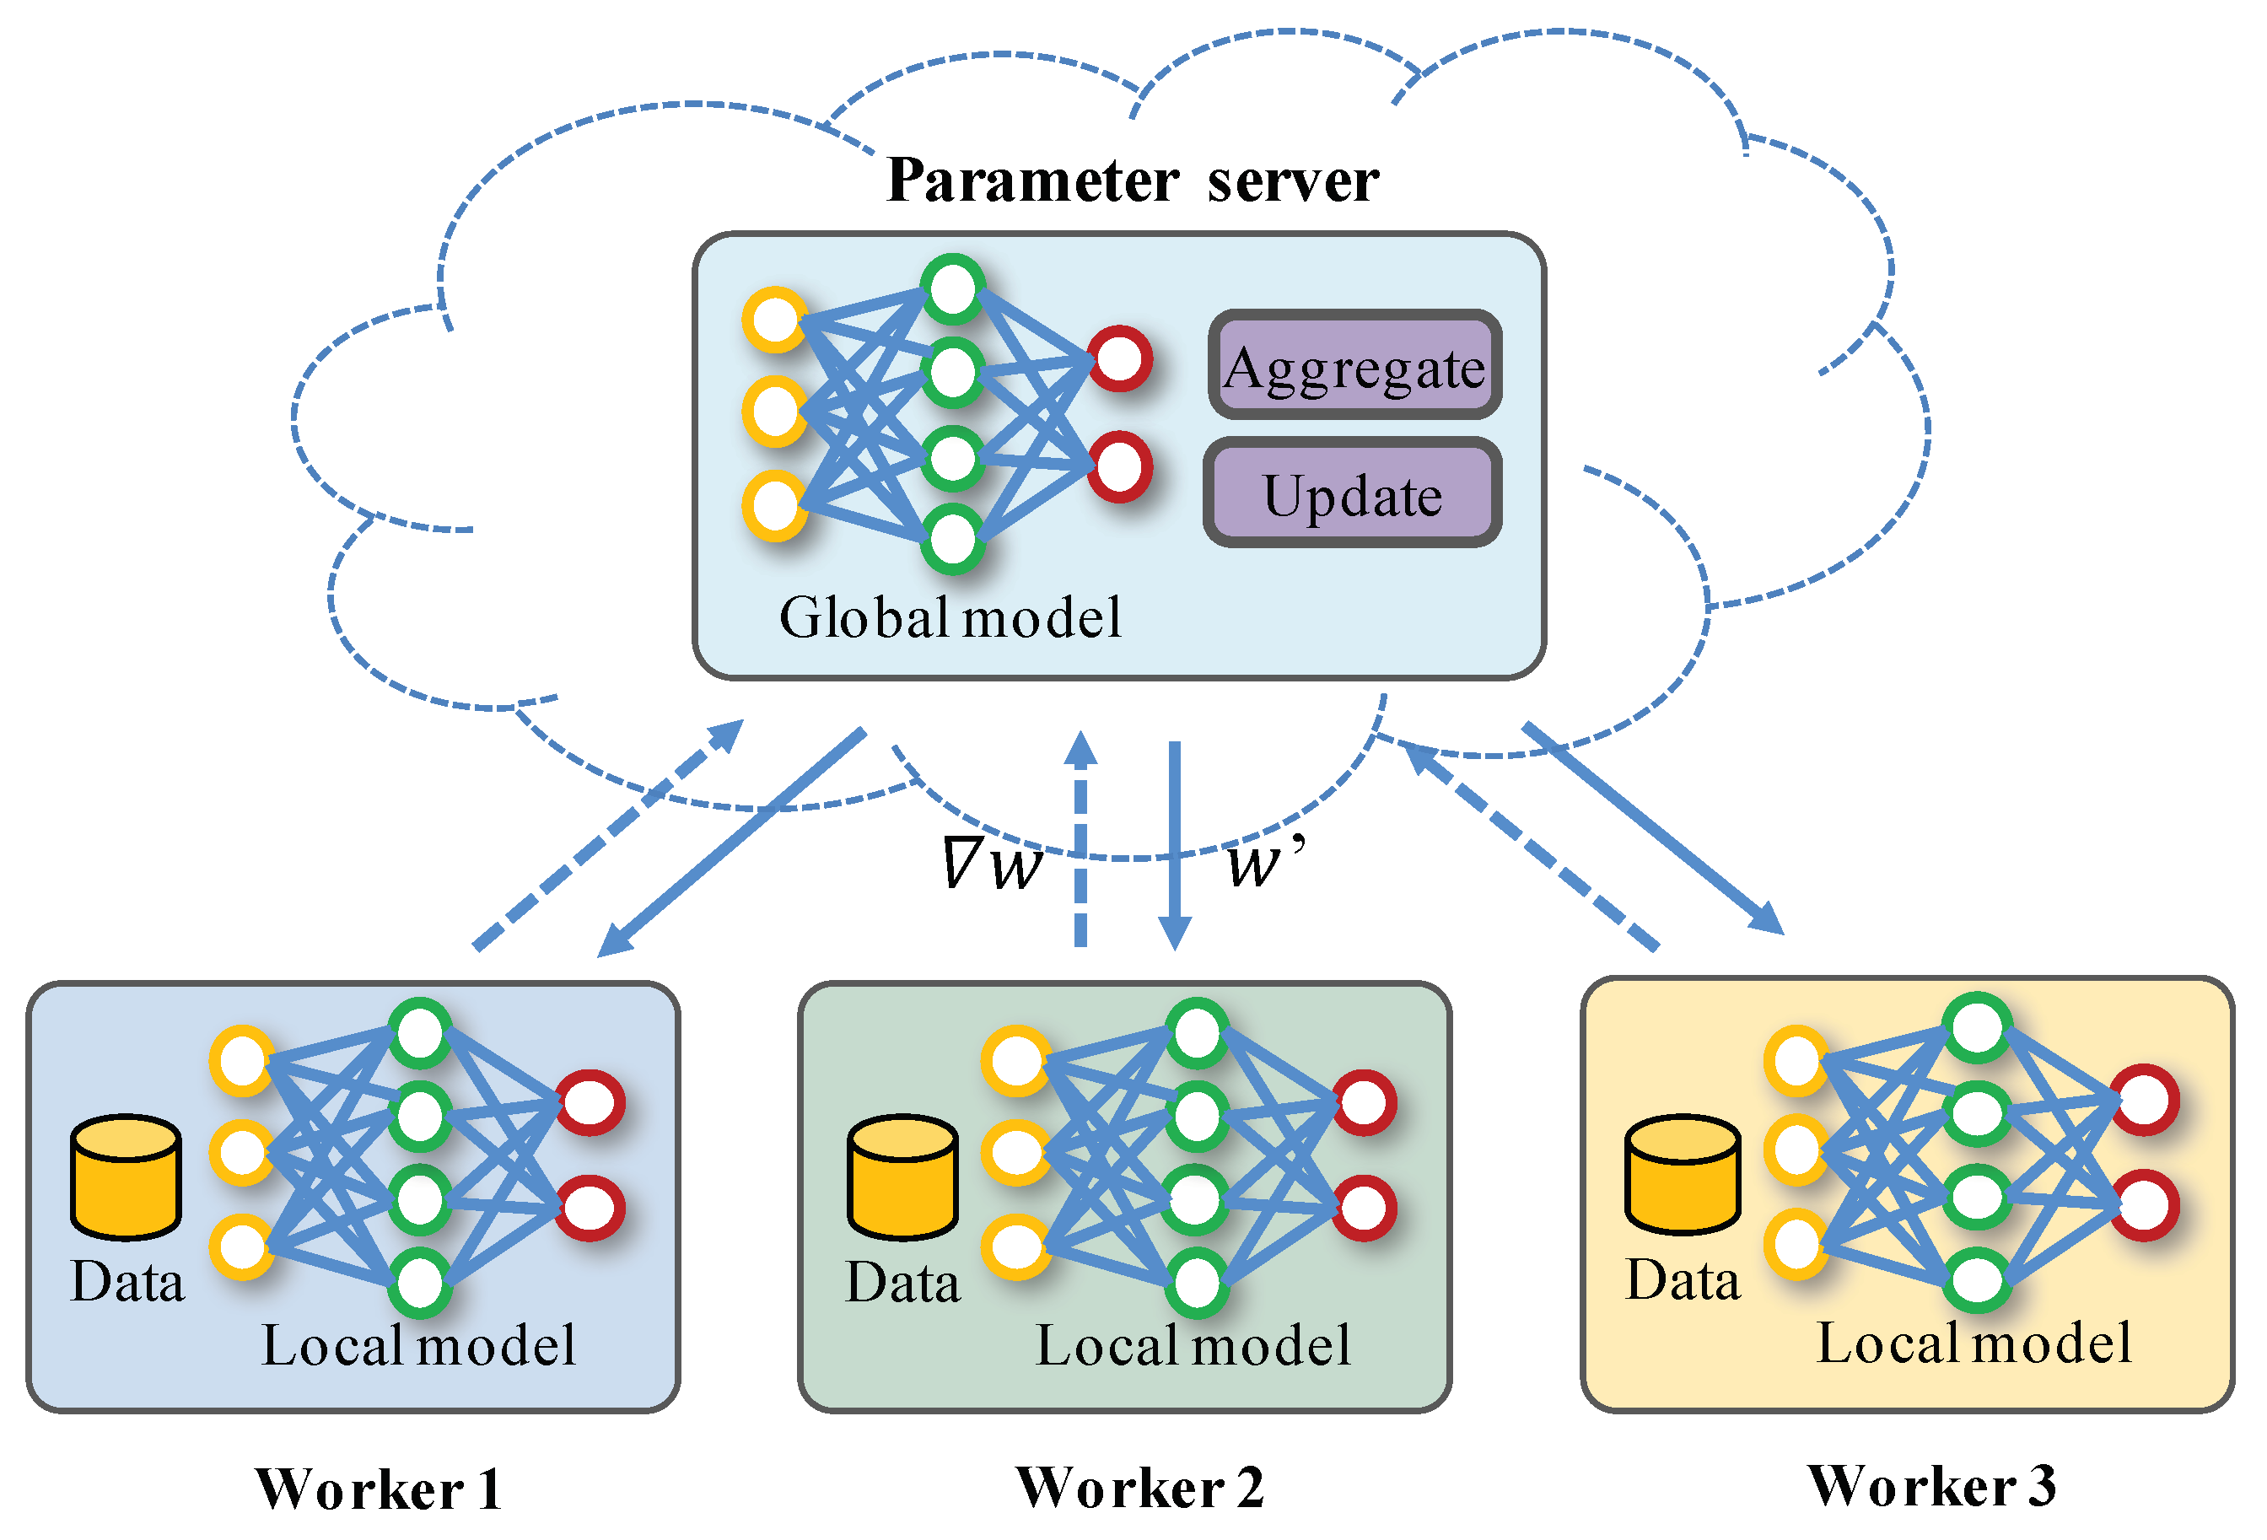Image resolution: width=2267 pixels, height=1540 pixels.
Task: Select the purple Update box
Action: coord(1352,493)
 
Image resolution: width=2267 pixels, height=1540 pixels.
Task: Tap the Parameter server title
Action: coord(1133,180)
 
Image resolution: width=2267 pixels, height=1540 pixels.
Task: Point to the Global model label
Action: coord(950,617)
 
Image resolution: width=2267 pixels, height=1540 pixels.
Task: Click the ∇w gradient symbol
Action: coord(992,863)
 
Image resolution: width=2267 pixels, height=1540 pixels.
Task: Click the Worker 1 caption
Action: coord(379,1489)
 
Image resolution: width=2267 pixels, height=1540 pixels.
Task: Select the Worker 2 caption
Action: coord(1139,1488)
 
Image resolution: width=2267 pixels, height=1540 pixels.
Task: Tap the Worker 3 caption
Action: coord(1931,1485)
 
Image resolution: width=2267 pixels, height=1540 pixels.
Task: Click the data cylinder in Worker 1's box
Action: coord(126,1177)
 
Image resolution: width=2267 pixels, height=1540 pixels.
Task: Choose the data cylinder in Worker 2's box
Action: coord(902,1177)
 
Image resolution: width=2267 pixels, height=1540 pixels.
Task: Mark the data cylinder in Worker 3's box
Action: coord(1683,1175)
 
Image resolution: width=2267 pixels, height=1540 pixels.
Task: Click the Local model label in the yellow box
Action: coord(1974,1343)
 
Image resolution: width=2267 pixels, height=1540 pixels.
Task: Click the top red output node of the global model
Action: coord(1120,359)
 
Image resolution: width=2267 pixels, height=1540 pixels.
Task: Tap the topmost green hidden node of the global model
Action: coord(953,288)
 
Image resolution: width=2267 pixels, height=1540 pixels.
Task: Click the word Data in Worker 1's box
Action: coord(127,1282)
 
